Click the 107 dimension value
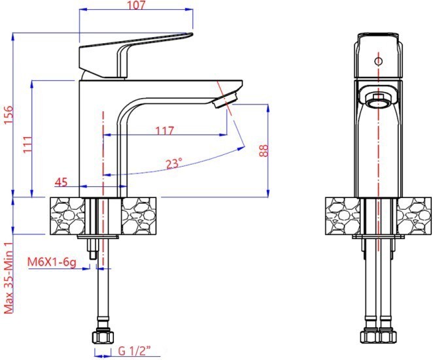click(x=137, y=5)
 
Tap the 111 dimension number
click(x=27, y=144)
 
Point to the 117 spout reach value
click(x=165, y=130)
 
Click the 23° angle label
click(x=174, y=164)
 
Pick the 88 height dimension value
click(x=264, y=151)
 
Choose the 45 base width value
click(x=61, y=182)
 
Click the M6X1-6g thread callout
click(x=52, y=263)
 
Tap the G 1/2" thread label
click(x=135, y=351)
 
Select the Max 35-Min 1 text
click(x=9, y=278)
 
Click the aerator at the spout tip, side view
click(x=226, y=100)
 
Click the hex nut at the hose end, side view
click(x=103, y=336)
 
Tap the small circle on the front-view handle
click(x=378, y=61)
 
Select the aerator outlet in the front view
click(x=378, y=100)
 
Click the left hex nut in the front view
click(x=370, y=336)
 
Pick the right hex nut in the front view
click(x=387, y=336)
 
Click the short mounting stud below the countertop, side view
click(x=92, y=248)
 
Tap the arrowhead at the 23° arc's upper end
click(x=241, y=148)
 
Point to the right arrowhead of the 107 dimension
click(x=189, y=9)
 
